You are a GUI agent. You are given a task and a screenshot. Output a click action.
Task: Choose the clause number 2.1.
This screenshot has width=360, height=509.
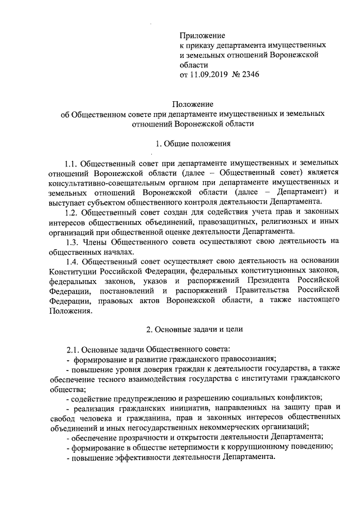tap(73, 348)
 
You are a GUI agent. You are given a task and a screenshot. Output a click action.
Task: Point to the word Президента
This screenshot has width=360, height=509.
tap(272, 281)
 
